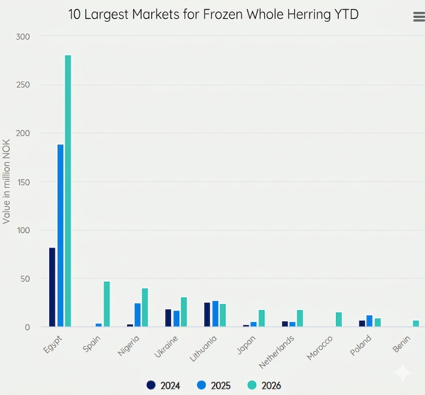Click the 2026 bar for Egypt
pos(68,191)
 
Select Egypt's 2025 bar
pos(60,235)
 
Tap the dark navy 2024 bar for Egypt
pos(52,287)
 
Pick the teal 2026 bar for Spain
pos(107,304)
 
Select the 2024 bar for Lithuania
pos(207,314)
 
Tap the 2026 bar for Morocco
pos(339,319)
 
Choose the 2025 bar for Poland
pos(369,321)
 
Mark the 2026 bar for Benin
pos(416,323)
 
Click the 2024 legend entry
pos(164,385)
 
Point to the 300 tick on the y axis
pos(23,37)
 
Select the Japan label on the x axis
pos(246,344)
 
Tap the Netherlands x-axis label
pos(276,351)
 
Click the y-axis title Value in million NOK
pos(6,182)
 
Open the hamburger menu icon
pos(418,17)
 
